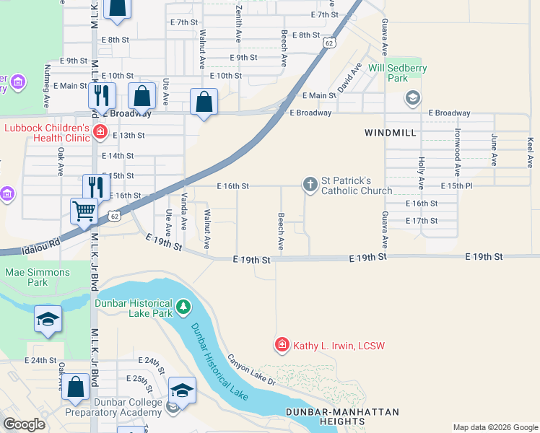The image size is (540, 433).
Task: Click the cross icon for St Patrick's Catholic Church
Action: (x=310, y=185)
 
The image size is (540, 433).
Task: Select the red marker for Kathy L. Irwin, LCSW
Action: (x=282, y=346)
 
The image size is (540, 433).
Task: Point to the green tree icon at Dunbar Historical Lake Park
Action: (x=183, y=308)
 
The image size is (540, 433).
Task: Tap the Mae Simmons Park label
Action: (x=38, y=277)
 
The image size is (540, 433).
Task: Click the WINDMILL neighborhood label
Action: (x=391, y=134)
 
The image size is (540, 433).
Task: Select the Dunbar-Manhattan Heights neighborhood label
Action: (x=341, y=416)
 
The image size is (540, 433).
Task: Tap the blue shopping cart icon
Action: (x=84, y=211)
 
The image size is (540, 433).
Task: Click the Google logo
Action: (x=24, y=424)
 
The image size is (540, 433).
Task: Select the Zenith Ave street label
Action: (x=238, y=22)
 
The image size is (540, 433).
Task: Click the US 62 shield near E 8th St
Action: (x=329, y=43)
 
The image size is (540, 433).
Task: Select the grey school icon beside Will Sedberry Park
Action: (x=412, y=97)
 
